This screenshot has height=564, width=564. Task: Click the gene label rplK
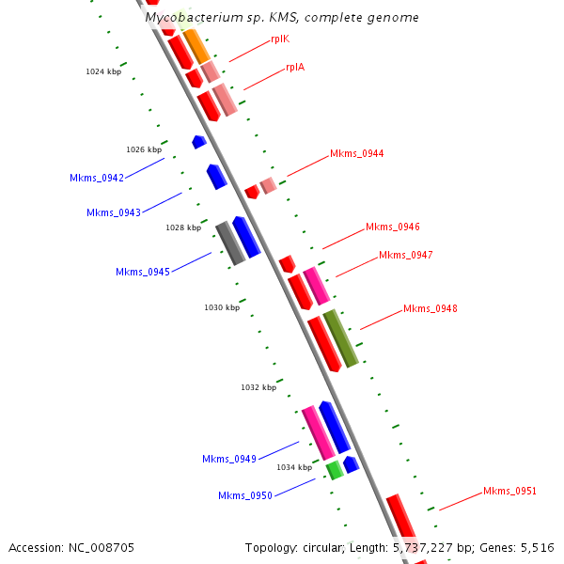pos(279,39)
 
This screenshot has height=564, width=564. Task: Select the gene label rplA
pos(295,68)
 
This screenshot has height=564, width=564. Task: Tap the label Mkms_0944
pos(356,153)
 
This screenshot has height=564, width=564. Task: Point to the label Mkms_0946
pos(392,227)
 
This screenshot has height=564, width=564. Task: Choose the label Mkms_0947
pos(405,255)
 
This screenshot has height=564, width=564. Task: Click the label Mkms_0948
pos(430,308)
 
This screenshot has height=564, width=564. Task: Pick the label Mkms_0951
pos(509,491)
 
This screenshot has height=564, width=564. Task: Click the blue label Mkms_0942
pos(97,178)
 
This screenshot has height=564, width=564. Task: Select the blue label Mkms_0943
pos(114,212)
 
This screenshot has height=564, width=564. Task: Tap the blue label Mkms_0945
pos(143,272)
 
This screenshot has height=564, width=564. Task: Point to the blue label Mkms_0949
pos(229,459)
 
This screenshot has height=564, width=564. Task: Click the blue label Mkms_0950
pos(245,495)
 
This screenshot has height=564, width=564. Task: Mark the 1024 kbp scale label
pos(103,71)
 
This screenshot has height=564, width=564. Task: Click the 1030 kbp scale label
pos(222,307)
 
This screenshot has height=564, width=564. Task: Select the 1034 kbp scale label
pos(293,467)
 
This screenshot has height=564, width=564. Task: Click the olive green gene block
pos(340,337)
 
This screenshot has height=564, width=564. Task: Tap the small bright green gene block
pos(334,470)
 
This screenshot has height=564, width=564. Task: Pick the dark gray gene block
pos(229,243)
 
